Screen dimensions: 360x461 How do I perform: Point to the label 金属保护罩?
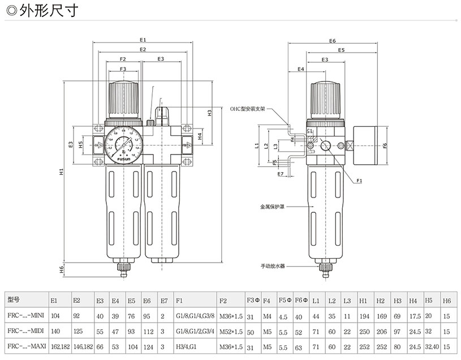coord(272,207)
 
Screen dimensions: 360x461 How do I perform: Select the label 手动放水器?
coord(272,265)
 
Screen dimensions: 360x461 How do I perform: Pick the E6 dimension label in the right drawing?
coord(332,41)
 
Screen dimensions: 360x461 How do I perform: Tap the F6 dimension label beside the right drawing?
coord(385,145)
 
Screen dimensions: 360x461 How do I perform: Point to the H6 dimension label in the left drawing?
coord(61,269)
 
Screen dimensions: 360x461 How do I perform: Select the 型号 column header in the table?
coord(14,299)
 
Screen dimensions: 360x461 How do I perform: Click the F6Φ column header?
coord(301,299)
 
